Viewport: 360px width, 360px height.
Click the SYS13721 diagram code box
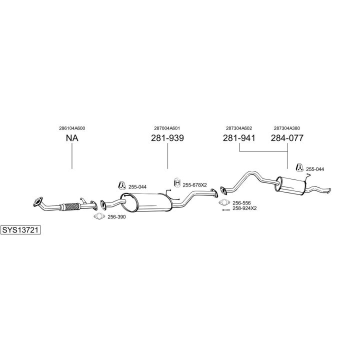pos(20,230)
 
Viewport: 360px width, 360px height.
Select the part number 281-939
pos(167,138)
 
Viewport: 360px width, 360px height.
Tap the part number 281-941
pos(239,138)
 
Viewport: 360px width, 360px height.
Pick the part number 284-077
pos(287,138)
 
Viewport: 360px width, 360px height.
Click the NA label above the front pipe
pos(72,138)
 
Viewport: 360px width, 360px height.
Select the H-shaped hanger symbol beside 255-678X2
pos(177,184)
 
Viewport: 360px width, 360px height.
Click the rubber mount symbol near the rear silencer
pos(299,168)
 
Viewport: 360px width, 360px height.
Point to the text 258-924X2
pos(244,208)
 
